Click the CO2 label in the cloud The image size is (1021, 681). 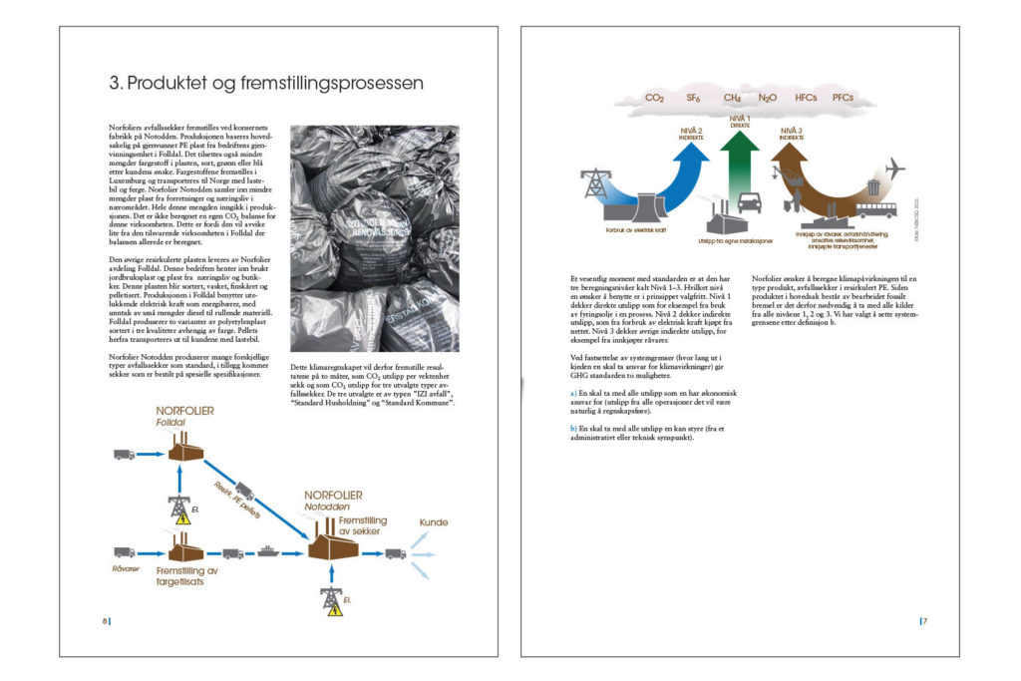(x=655, y=98)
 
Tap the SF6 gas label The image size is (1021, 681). (x=694, y=98)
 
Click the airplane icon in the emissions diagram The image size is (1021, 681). (x=894, y=169)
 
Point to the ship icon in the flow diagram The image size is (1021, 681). (x=267, y=550)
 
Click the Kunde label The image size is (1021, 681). (x=433, y=521)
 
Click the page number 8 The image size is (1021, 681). (x=105, y=621)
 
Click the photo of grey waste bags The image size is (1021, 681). (x=373, y=238)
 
